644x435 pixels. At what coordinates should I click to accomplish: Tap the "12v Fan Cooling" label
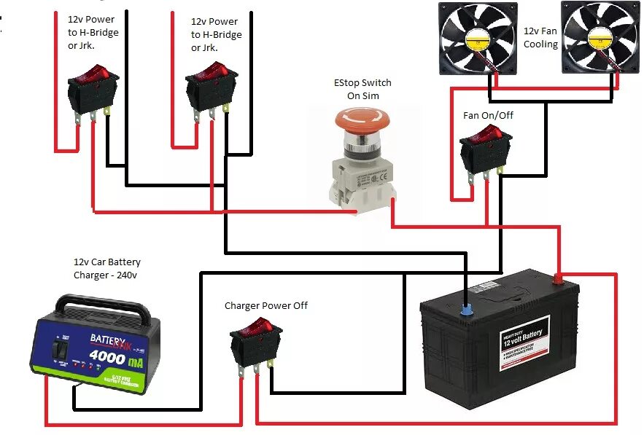click(540, 38)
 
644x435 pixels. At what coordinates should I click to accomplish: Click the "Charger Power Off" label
click(265, 305)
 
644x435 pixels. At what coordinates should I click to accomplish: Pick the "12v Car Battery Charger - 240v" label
click(106, 268)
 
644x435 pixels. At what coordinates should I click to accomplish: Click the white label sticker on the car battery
click(524, 342)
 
